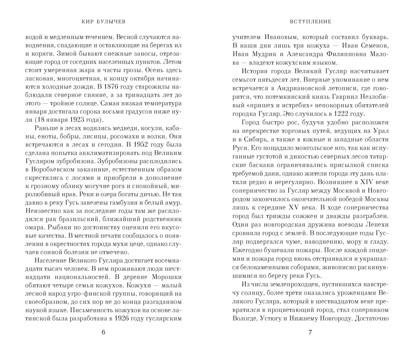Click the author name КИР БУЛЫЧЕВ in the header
103,22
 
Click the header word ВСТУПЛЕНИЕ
310,22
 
